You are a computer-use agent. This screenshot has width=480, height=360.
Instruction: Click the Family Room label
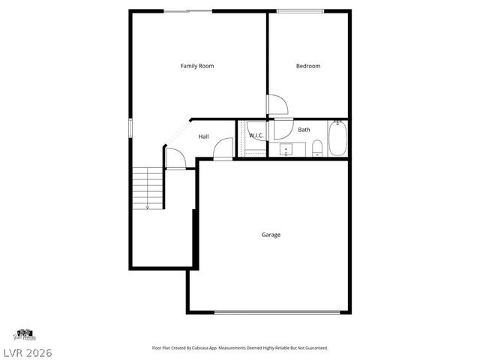197,66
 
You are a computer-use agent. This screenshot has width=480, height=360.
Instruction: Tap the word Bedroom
308,66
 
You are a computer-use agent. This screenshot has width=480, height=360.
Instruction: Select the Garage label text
271,235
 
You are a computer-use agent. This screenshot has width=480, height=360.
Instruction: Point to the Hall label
204,136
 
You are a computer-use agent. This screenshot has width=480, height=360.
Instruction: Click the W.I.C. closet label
256,136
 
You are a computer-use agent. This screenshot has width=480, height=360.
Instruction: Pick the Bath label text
304,130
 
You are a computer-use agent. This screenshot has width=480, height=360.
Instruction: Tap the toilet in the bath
317,148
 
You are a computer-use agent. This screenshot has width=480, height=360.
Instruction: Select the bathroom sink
286,150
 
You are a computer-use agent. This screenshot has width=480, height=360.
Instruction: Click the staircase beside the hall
148,187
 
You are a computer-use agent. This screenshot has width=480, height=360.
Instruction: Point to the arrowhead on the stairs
148,206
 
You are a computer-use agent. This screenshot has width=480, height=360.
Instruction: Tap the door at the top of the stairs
174,158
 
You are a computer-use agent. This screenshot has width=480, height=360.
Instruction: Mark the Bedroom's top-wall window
300,10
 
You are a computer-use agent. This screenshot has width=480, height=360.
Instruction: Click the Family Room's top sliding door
187,10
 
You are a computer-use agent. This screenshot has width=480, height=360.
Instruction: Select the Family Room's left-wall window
130,127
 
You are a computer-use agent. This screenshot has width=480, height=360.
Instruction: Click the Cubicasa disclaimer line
240,348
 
